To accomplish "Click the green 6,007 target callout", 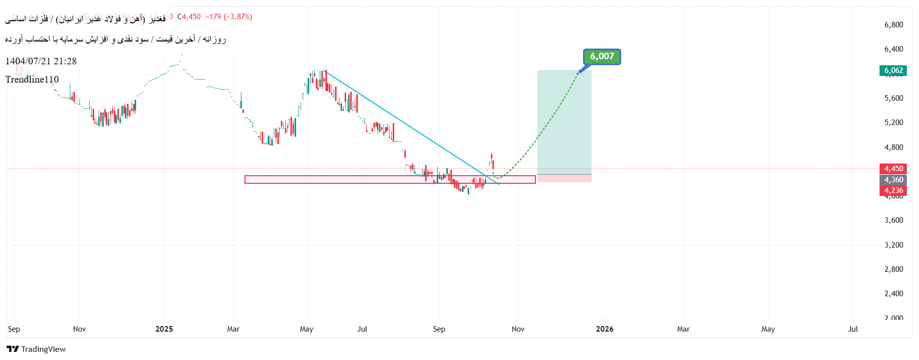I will pyautogui.click(x=602, y=57).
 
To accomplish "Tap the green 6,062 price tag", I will pyautogui.click(x=893, y=70).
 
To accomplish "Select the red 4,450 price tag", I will pyautogui.click(x=893, y=169).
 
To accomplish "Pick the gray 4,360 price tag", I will pyautogui.click(x=893, y=180).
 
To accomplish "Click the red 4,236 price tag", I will pyautogui.click(x=893, y=190).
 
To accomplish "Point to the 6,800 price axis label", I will pyautogui.click(x=893, y=24).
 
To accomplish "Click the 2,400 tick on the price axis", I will pyautogui.click(x=893, y=294).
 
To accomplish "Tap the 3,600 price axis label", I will pyautogui.click(x=893, y=220).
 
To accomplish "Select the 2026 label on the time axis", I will pyautogui.click(x=605, y=329).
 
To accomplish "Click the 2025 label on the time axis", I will pyautogui.click(x=164, y=329).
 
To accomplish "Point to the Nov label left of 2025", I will pyautogui.click(x=79, y=329).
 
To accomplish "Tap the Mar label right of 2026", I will pyautogui.click(x=683, y=329).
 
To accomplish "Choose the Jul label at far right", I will pyautogui.click(x=853, y=329).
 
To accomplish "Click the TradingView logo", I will pyautogui.click(x=36, y=349).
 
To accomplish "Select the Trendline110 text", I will pyautogui.click(x=32, y=79).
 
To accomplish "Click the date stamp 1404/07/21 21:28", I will pyautogui.click(x=41, y=61).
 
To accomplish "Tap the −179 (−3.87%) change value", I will pyautogui.click(x=229, y=17).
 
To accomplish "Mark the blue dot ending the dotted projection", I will pyautogui.click(x=578, y=73).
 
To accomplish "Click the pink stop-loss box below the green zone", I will pyautogui.click(x=564, y=178).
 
